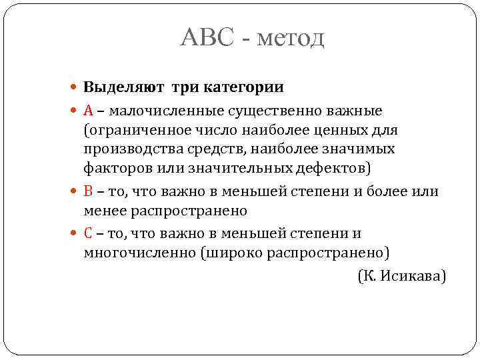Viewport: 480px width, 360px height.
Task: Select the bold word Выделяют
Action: (124, 87)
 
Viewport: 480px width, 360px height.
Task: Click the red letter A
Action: (89, 109)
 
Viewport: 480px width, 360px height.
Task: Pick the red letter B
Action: (89, 191)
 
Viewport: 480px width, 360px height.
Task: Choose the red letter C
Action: (89, 233)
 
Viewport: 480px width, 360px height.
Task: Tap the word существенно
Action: (266, 109)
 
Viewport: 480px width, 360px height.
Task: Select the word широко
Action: (234, 253)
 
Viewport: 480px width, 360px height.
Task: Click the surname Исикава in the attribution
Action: (413, 275)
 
